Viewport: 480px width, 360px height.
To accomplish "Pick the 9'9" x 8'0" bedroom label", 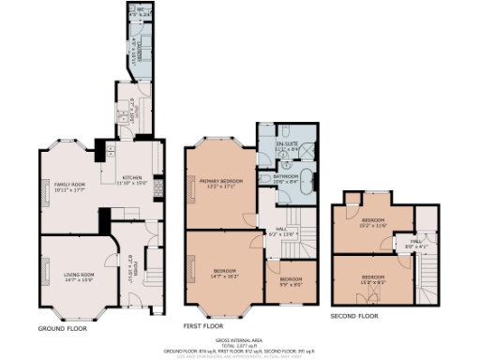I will coord(291,282).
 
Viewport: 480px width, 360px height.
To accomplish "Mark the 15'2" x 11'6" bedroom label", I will coord(373,223).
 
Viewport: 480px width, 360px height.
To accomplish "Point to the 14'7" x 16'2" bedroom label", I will coord(223,275).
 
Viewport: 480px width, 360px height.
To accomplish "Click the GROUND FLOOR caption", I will coord(65,329).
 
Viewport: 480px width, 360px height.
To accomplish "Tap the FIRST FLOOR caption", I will coord(202,326).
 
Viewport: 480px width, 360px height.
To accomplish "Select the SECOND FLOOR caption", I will coord(354,317).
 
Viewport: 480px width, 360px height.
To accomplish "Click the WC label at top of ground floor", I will coord(140,13).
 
